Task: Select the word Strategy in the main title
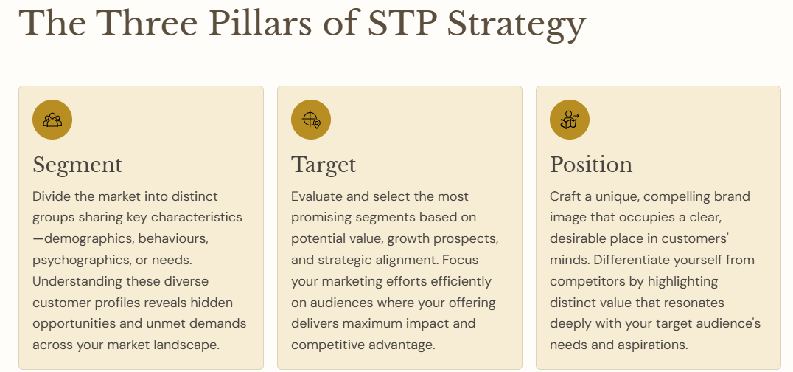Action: [517, 25]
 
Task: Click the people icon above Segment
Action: [52, 120]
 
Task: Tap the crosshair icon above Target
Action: [311, 120]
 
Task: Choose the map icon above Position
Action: [570, 120]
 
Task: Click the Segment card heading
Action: [77, 165]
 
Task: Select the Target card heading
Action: [324, 165]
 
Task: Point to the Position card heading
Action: [591, 165]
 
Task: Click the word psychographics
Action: [82, 260]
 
